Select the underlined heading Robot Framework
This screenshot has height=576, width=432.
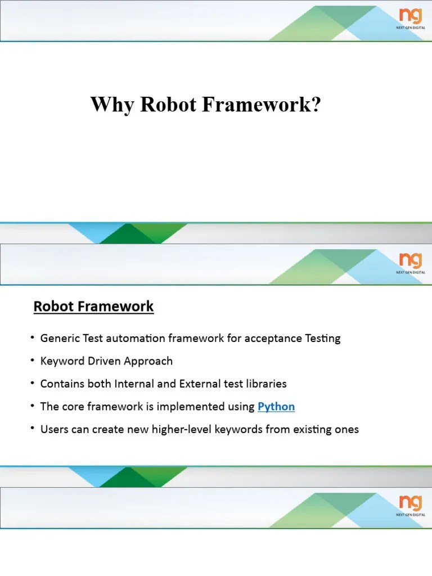[93, 307]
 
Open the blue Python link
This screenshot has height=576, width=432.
[276, 407]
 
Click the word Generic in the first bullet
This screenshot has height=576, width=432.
[59, 339]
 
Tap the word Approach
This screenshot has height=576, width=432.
[150, 362]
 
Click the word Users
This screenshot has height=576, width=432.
[53, 430]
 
